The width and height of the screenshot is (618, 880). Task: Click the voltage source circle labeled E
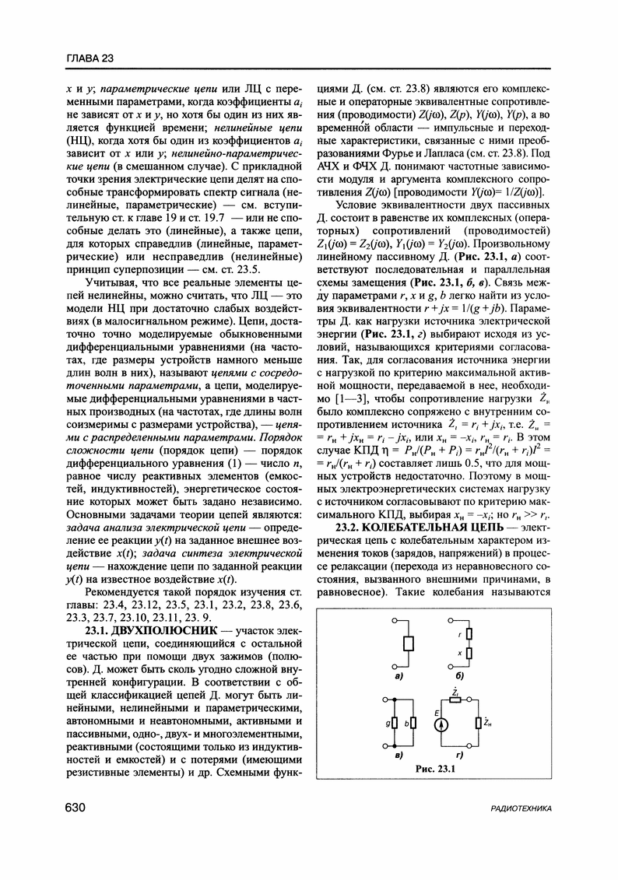[x=441, y=723]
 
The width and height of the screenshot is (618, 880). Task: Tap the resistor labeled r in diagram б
[x=469, y=635]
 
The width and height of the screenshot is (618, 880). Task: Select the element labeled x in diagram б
[x=469, y=654]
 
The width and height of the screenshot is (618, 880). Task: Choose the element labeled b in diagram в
[x=413, y=722]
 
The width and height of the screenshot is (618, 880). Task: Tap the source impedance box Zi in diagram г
[x=454, y=699]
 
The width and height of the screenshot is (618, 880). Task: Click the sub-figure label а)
[x=398, y=676]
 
